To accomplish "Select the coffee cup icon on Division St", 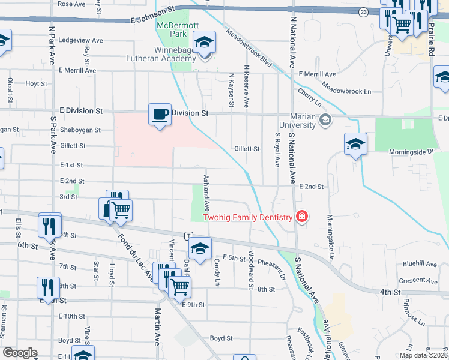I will [x=160, y=115].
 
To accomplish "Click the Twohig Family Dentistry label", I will [x=247, y=217].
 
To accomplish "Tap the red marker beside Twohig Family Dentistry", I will [x=301, y=217].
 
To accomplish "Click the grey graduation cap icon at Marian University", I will [x=325, y=119].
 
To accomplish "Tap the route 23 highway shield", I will [x=363, y=11].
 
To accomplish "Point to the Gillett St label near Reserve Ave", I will [x=246, y=149].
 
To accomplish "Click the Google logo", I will [x=20, y=352].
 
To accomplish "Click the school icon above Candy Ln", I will [x=200, y=247].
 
